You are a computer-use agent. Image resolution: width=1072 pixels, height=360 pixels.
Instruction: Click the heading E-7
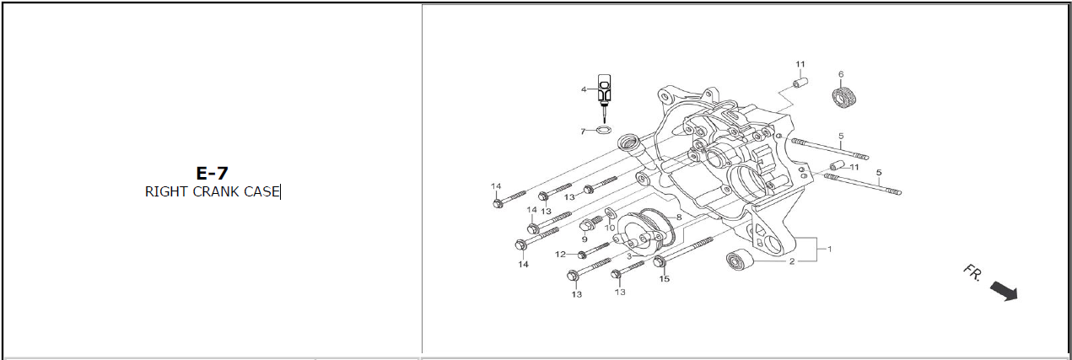[212, 174]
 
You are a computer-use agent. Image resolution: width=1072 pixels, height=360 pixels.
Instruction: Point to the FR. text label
[972, 273]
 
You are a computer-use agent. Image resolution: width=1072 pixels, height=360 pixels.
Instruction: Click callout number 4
[583, 89]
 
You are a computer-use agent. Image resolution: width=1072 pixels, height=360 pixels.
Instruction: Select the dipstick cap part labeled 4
[604, 89]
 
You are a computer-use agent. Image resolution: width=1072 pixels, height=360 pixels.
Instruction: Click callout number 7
[583, 131]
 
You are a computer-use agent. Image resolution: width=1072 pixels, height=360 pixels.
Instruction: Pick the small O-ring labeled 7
[603, 130]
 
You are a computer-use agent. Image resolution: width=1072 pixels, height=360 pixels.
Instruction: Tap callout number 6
[841, 73]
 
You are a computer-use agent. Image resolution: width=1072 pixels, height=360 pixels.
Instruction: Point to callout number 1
[829, 249]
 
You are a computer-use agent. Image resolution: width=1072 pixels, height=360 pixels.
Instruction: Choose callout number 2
[792, 261]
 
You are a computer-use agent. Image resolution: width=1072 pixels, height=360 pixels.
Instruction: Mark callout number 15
[664, 279]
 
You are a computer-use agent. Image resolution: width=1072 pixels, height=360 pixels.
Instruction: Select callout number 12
[560, 254]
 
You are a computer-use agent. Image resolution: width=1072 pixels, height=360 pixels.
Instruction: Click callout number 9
[583, 239]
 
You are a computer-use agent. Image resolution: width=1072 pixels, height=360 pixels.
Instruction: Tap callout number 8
[678, 217]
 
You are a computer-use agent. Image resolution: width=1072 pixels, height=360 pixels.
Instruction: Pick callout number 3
[628, 255]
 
